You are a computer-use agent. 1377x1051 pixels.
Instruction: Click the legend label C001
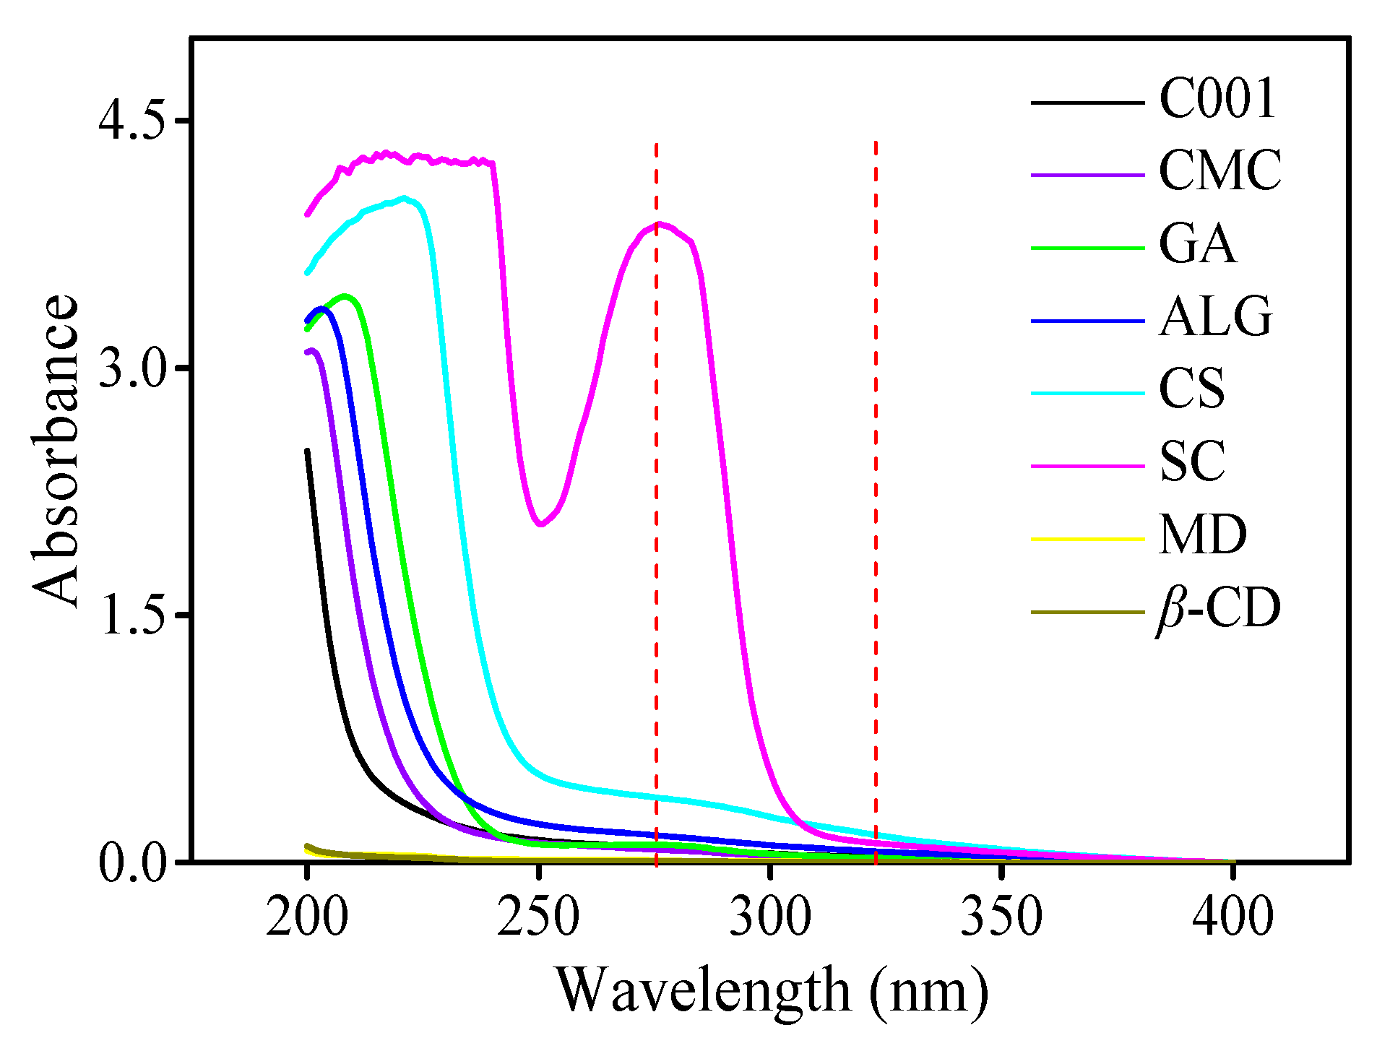[1217, 99]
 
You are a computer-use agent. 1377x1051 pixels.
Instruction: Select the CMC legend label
[1220, 171]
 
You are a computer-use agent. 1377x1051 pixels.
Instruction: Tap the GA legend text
[1197, 244]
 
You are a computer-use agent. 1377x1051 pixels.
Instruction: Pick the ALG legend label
[1215, 317]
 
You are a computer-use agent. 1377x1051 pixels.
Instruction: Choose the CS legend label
[1192, 389]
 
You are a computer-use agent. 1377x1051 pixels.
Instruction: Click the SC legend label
[1192, 462]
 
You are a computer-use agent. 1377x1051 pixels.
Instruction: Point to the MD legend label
[1202, 535]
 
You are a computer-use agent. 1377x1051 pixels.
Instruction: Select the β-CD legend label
[1218, 609]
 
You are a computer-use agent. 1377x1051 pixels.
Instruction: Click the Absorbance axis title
[55, 451]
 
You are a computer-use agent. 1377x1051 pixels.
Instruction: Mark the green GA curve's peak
[345, 296]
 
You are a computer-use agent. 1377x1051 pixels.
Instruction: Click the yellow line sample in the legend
[1087, 539]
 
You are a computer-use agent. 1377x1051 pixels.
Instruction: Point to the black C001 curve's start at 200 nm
[307, 451]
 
